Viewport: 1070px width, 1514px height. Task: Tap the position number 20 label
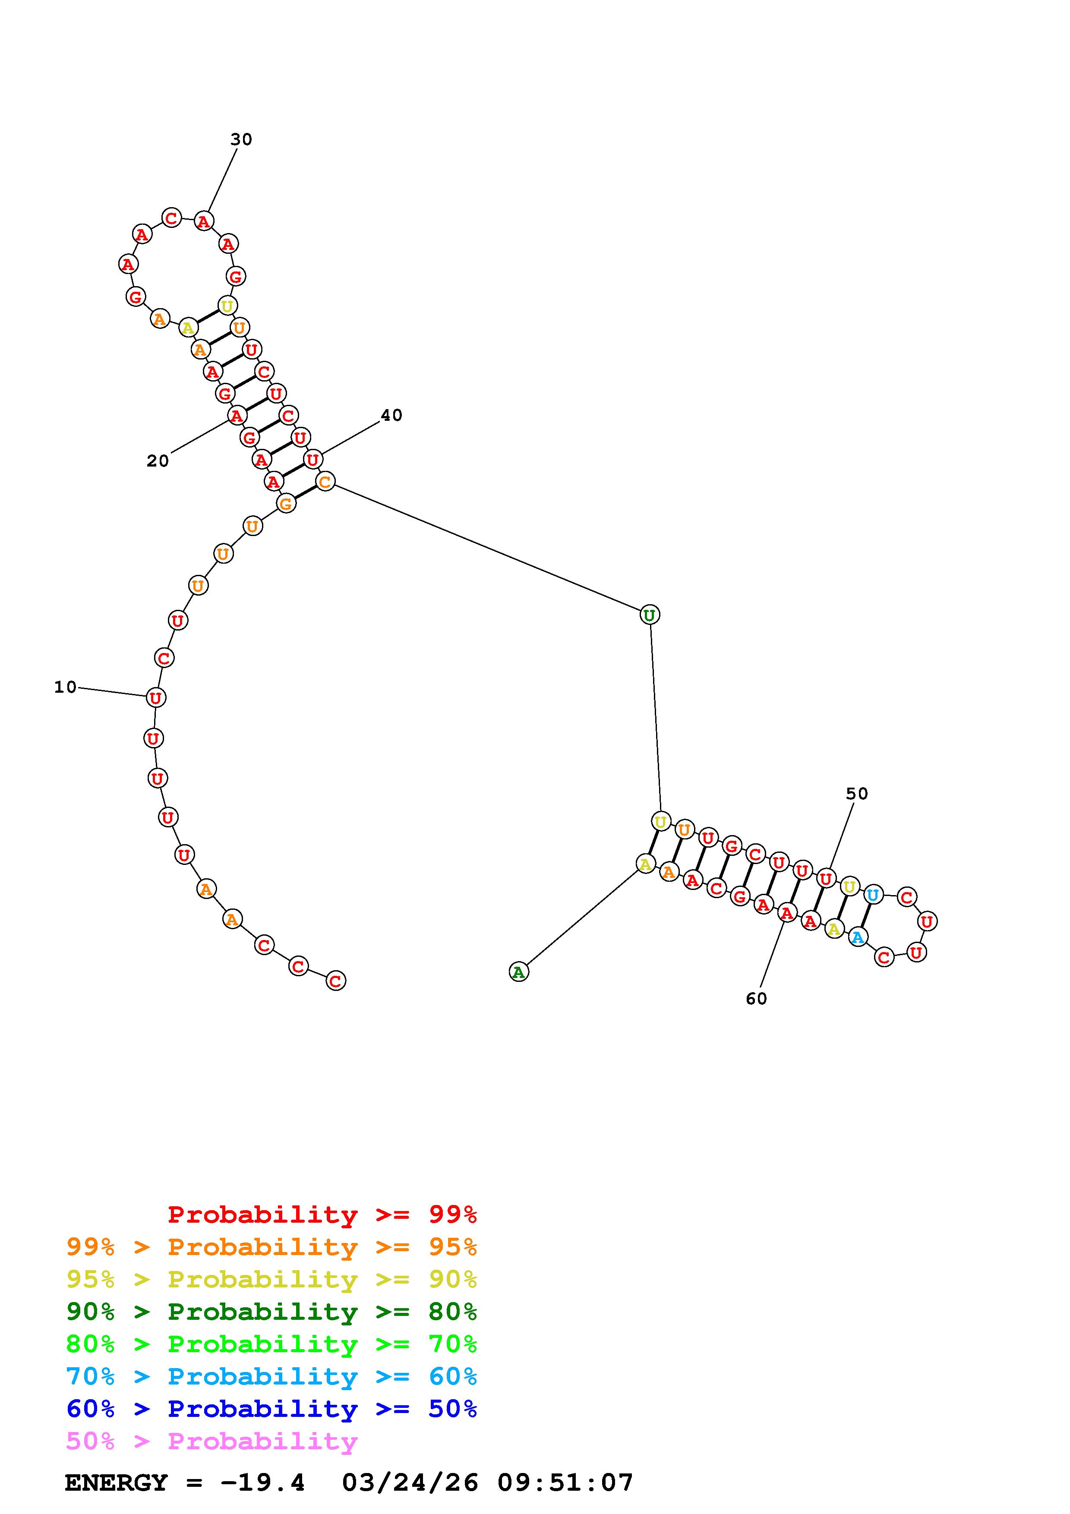click(x=158, y=461)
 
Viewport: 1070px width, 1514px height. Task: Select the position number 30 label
click(x=241, y=139)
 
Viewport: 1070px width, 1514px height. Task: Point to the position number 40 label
click(x=391, y=415)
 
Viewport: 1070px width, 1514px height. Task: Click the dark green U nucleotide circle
click(x=650, y=615)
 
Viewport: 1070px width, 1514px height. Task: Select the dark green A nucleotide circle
click(x=519, y=971)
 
